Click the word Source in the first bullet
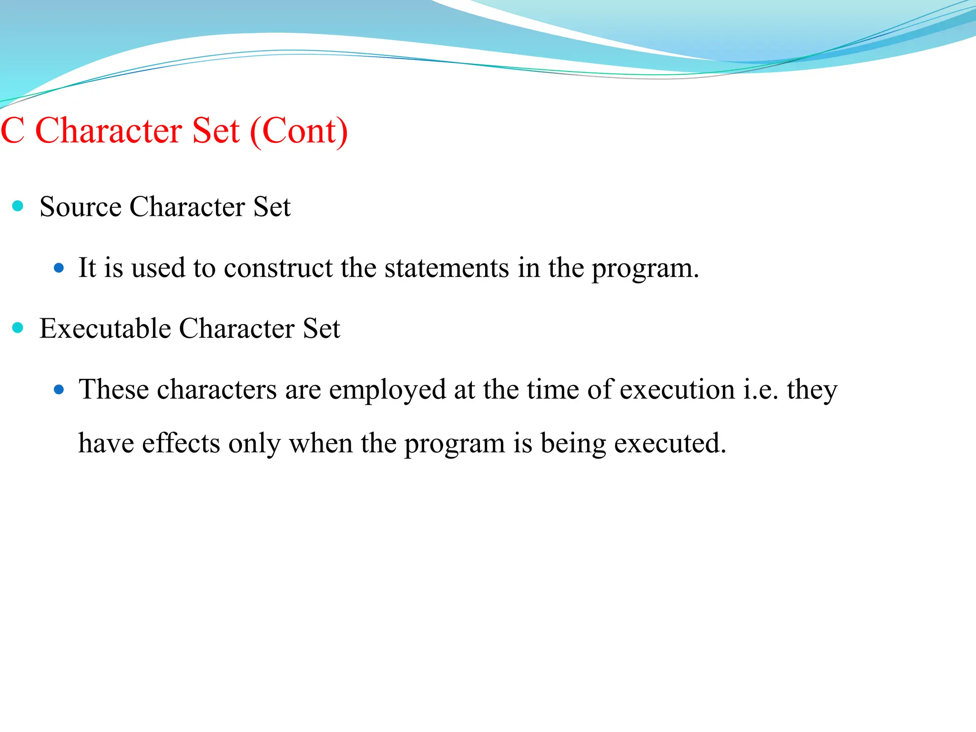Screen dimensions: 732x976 (81, 207)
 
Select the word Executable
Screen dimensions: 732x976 (105, 328)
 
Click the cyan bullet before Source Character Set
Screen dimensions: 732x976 (18, 206)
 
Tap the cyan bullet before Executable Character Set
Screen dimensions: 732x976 (18, 327)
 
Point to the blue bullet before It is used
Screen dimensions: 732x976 (59, 268)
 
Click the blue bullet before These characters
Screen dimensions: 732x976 (59, 390)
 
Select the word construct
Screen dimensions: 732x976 (278, 268)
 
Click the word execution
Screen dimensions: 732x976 (677, 390)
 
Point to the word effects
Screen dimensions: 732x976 (181, 443)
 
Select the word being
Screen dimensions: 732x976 (573, 444)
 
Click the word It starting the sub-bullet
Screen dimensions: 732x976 (87, 268)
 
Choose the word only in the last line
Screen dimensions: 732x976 (254, 444)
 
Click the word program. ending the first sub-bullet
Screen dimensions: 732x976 (645, 269)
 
